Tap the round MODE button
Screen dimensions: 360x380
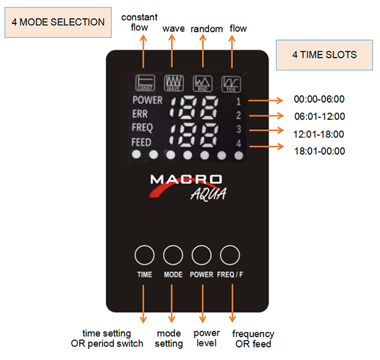173,255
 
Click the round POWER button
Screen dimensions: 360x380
201,255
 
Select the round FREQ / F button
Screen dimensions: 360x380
230,255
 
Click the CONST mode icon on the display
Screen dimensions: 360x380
144,83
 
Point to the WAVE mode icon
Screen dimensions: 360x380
173,83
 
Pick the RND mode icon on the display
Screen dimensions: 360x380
202,83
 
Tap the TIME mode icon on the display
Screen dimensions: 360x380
230,83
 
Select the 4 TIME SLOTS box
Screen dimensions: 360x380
324,55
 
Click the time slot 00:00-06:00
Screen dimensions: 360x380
319,100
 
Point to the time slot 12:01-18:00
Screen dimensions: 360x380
319,134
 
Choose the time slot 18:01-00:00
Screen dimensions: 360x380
319,151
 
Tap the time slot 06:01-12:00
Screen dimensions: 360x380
319,117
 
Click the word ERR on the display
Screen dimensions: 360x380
141,114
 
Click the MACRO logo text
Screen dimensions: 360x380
186,179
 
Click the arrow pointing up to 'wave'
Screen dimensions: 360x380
173,51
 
